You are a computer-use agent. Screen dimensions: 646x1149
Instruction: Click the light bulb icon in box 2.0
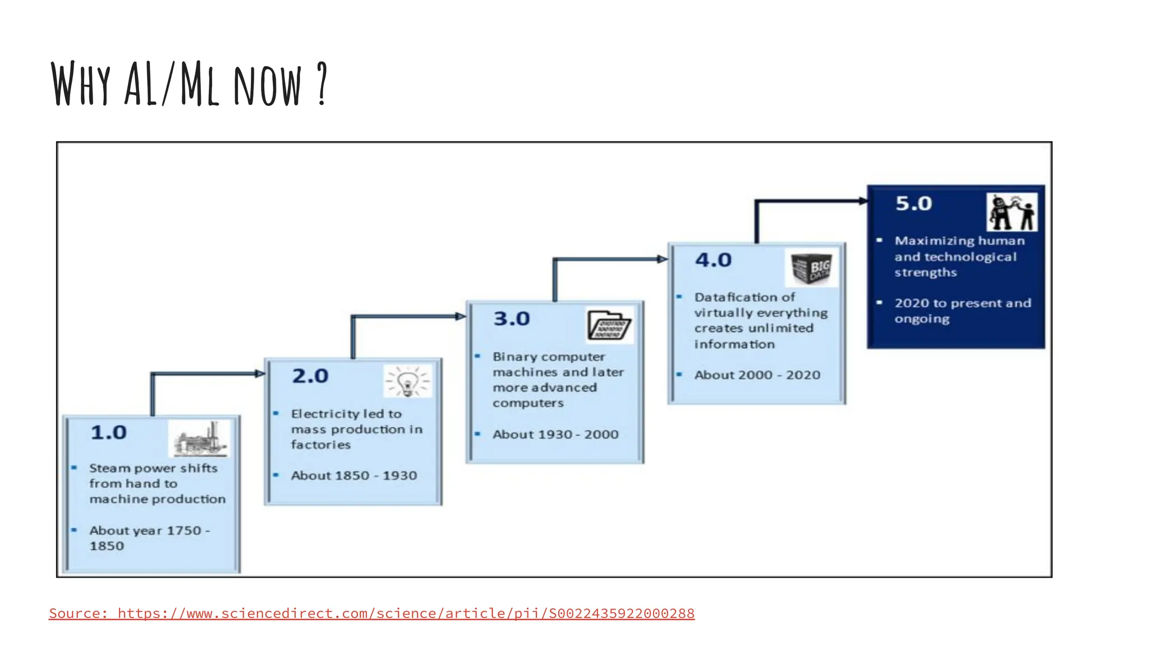[408, 382]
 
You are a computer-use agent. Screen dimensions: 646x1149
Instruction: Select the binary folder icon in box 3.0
[609, 325]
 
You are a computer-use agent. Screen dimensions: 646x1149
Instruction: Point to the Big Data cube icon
[811, 268]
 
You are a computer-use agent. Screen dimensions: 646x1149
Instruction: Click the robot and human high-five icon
[1012, 212]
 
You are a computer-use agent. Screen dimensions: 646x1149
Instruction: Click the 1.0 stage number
[109, 432]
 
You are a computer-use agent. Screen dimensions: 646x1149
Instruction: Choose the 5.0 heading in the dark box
[913, 203]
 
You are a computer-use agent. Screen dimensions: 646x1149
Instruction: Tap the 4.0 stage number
[713, 260]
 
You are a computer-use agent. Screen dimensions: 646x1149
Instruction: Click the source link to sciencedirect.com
[371, 613]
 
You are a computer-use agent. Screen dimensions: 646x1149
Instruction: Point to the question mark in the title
[321, 84]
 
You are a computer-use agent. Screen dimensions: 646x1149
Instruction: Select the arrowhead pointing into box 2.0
[260, 373]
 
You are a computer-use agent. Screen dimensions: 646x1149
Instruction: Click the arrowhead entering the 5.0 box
[863, 201]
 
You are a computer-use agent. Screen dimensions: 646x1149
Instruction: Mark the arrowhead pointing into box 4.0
[663, 259]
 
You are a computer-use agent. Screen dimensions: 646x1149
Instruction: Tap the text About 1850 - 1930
[353, 476]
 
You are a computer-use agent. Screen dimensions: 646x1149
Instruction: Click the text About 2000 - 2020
[757, 375]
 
